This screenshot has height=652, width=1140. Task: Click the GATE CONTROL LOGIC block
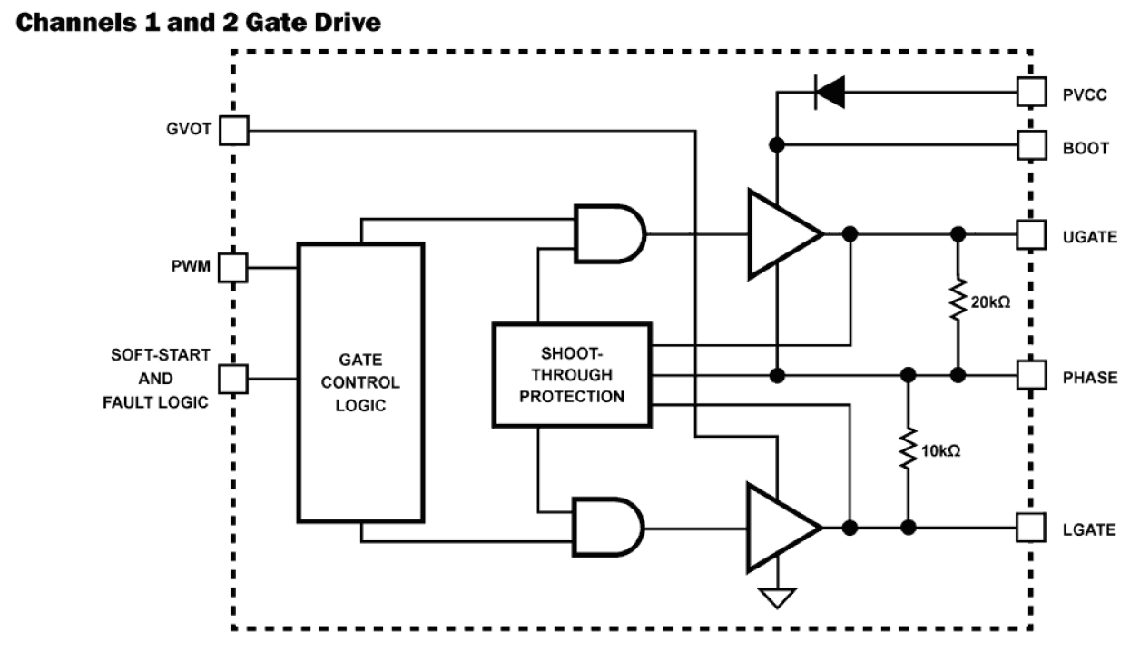pos(360,382)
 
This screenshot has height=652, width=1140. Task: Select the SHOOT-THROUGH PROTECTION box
pos(572,374)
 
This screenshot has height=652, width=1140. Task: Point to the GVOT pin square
pos(234,130)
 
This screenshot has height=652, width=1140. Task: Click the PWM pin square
pos(234,267)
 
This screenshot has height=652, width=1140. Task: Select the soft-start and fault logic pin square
pos(234,378)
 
